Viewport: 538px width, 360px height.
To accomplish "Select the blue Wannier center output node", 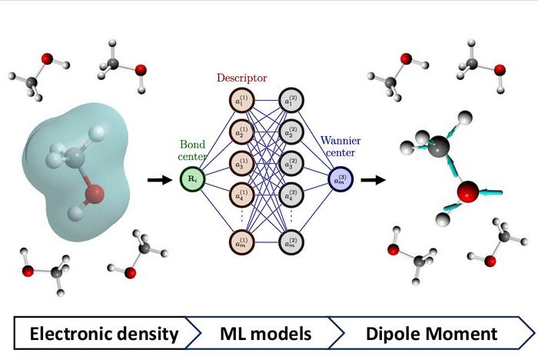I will (x=339, y=180).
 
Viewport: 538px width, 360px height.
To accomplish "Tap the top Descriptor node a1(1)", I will (x=241, y=100).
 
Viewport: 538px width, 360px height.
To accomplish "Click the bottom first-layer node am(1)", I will (x=241, y=242).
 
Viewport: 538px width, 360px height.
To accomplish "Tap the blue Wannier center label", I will (x=339, y=150).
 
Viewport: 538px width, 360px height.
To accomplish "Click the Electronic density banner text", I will (x=105, y=334).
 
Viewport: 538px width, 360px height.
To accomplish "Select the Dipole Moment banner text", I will (x=432, y=334).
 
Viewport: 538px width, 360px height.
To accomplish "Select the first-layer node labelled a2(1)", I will (x=241, y=132).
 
